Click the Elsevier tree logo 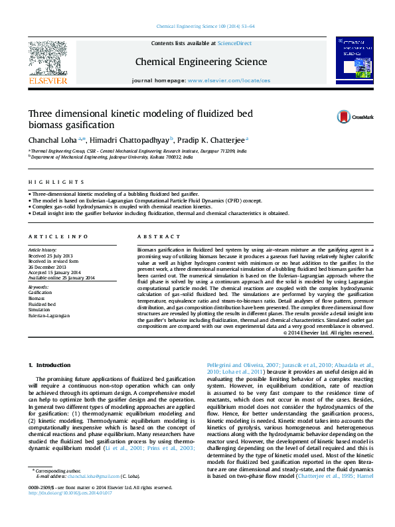[x=47, y=60]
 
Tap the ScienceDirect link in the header [x=235, y=42]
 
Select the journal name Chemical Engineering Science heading [x=201, y=62]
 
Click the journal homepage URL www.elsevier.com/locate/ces [x=229, y=80]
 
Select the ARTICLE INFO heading [x=58, y=237]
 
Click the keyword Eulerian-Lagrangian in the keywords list [x=48, y=316]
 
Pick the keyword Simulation [x=39, y=310]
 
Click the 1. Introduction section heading [x=50, y=366]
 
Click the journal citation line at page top [x=205, y=26]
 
